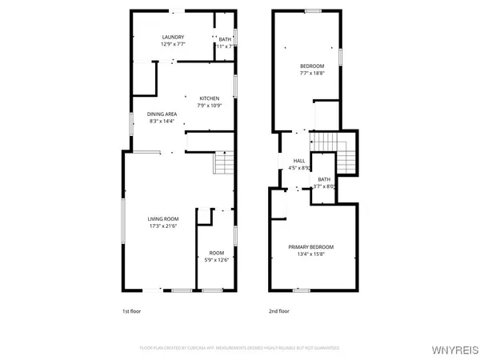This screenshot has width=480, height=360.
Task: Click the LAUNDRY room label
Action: pyautogui.click(x=173, y=37)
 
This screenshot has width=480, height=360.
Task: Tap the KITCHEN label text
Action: pyautogui.click(x=209, y=98)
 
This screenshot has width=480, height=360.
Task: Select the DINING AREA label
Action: pyautogui.click(x=162, y=114)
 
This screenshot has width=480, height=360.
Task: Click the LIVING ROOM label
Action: pyautogui.click(x=162, y=218)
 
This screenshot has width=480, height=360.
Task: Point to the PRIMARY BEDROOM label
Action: pyautogui.click(x=310, y=246)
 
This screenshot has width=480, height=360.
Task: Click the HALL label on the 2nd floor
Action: pyautogui.click(x=299, y=161)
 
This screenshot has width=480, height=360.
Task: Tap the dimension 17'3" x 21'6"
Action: pyautogui.click(x=162, y=226)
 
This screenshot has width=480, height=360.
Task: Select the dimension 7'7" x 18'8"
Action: pyautogui.click(x=312, y=73)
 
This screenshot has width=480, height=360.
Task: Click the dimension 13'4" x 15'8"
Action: pyautogui.click(x=310, y=254)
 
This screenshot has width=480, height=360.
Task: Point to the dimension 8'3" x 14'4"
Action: pyautogui.click(x=162, y=122)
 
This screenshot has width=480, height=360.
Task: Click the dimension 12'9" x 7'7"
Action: pyautogui.click(x=173, y=44)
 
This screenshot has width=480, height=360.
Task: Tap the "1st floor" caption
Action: pyautogui.click(x=131, y=310)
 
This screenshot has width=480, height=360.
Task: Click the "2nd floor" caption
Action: pyautogui.click(x=279, y=310)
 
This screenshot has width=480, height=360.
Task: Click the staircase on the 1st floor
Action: pyautogui.click(x=223, y=164)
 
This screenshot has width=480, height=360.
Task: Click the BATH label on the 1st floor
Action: pyautogui.click(x=225, y=38)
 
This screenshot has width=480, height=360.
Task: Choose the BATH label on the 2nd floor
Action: pyautogui.click(x=324, y=179)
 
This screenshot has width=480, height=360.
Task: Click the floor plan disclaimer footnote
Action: pyautogui.click(x=240, y=348)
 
